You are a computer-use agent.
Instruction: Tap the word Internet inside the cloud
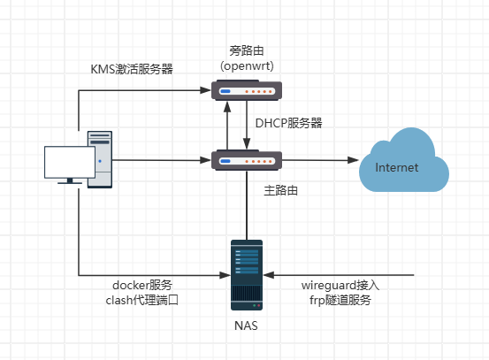[x=397, y=167]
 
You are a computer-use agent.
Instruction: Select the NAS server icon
[x=247, y=273]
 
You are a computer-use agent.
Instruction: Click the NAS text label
[x=247, y=326]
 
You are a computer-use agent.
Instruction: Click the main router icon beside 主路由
[x=247, y=160]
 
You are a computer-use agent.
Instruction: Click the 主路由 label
[x=282, y=190]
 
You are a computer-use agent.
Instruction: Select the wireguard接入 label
[x=340, y=285]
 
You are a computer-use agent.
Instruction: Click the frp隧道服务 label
[x=340, y=301]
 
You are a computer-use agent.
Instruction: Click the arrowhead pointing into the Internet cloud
[x=354, y=160]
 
